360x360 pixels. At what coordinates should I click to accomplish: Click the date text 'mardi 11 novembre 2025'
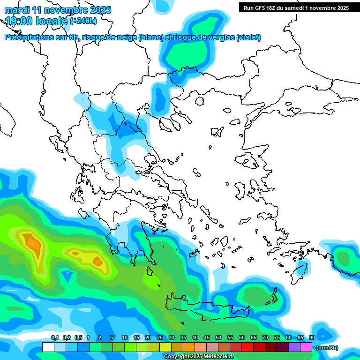(58, 10)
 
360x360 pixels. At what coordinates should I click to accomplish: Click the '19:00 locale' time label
(36, 21)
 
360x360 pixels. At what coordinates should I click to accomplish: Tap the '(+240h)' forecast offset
(83, 21)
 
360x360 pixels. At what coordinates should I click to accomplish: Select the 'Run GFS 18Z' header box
(296, 8)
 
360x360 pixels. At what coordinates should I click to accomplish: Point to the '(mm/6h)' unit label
(327, 348)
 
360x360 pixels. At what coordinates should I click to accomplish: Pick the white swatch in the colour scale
(48, 347)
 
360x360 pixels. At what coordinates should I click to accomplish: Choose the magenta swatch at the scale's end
(306, 347)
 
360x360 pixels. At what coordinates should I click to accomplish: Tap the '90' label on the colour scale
(312, 337)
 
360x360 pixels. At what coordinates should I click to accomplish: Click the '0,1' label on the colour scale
(55, 337)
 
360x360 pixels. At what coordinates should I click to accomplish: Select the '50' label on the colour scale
(218, 337)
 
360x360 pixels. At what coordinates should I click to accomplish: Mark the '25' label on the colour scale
(160, 337)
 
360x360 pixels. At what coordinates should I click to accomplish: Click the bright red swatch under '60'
(247, 347)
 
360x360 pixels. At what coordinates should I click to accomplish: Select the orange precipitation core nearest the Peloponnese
(97, 261)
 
